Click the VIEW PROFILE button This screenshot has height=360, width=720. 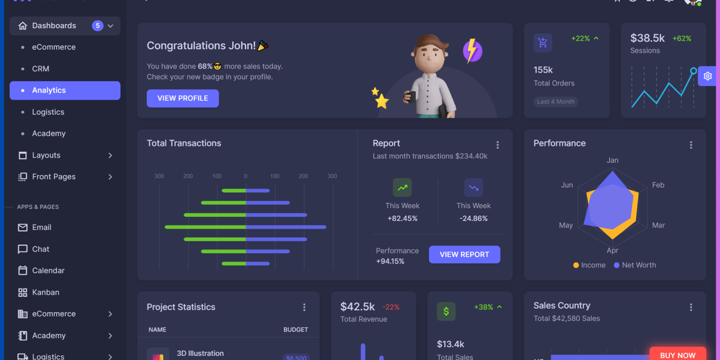182,98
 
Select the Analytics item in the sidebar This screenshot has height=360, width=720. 65,91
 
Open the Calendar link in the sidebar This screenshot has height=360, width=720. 48,271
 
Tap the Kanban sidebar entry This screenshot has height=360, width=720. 46,292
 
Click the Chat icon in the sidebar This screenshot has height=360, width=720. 23,249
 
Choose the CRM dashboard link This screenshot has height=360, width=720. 41,69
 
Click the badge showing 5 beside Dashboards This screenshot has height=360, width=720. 97,26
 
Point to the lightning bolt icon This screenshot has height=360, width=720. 473,51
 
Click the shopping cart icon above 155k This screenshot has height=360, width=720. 542,43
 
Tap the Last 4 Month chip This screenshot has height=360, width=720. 556,102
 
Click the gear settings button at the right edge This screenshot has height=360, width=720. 708,76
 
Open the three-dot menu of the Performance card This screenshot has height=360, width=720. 691,145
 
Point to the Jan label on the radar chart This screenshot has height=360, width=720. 613,160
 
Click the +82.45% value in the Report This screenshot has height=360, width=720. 402,218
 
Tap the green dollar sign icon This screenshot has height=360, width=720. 446,311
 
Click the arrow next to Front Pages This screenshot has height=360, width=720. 110,177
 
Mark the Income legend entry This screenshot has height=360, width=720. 589,265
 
